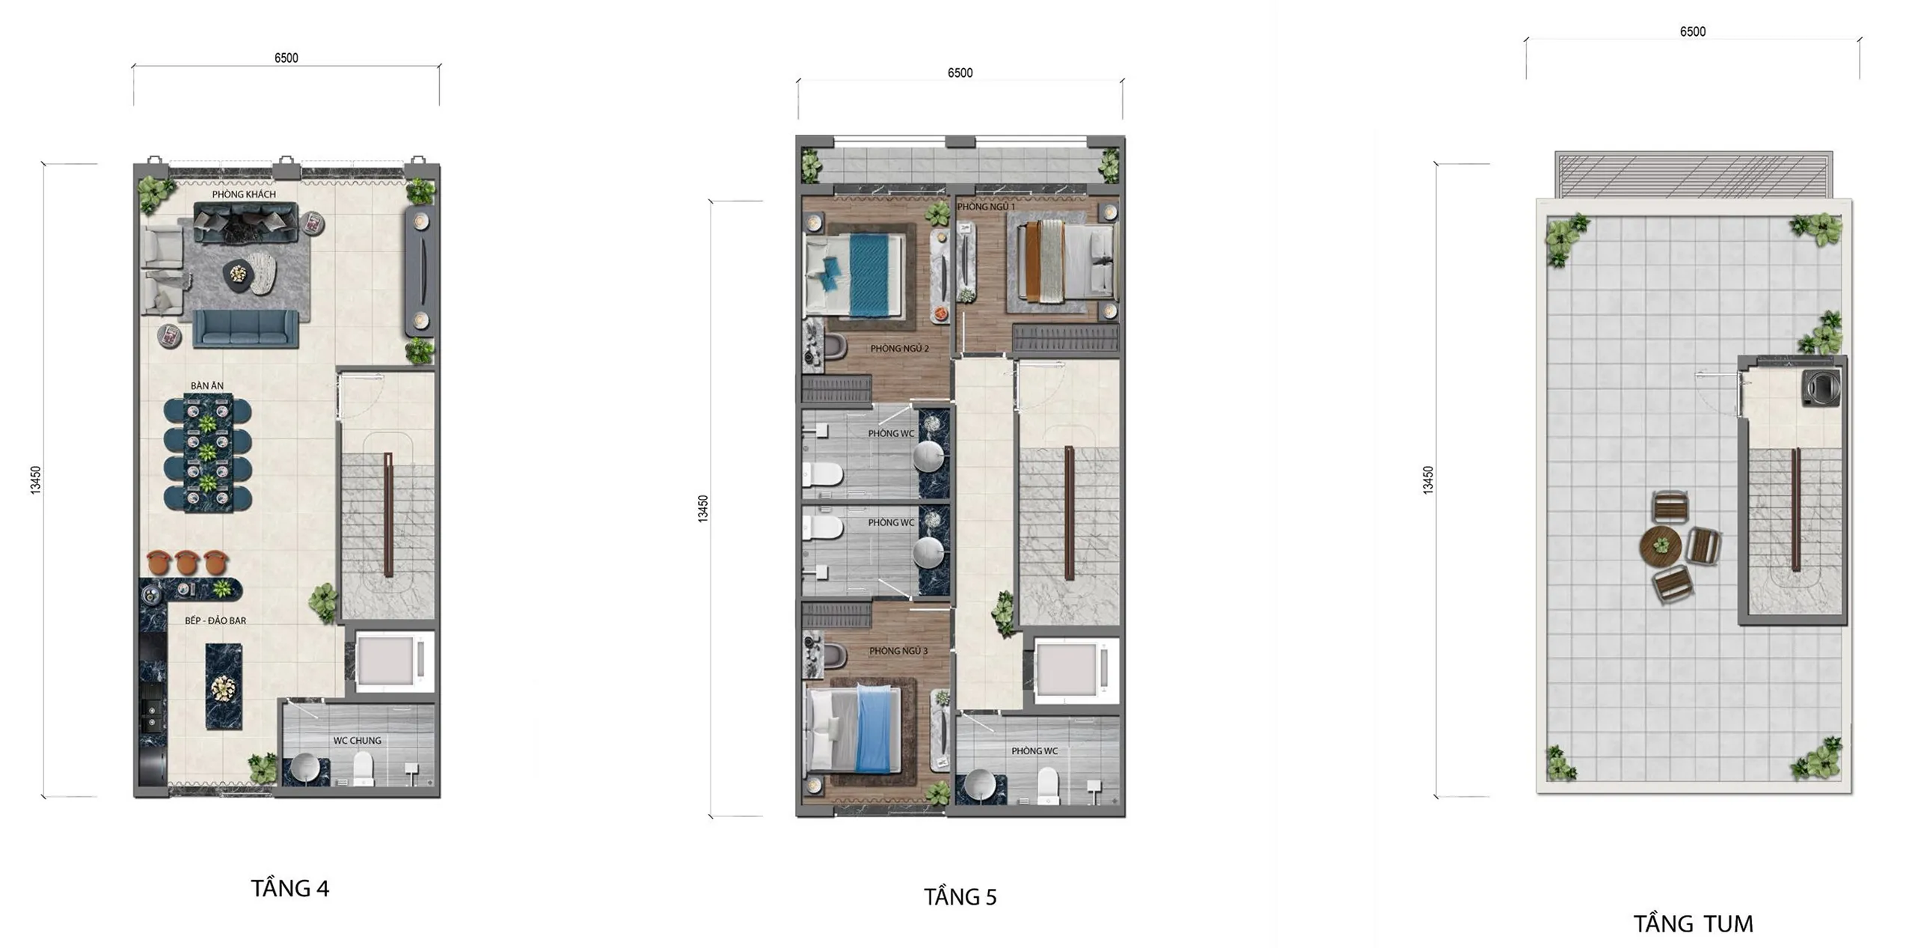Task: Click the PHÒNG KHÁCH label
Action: tap(244, 194)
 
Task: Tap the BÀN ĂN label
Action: tap(207, 386)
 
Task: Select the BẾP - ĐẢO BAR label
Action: tap(215, 620)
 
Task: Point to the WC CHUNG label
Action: tap(358, 741)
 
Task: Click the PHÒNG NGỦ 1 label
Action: tap(987, 207)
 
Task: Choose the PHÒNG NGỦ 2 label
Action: tap(900, 349)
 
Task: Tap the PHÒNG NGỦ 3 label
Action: tap(898, 651)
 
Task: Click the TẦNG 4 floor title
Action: tap(290, 888)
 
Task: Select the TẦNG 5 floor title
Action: tap(960, 896)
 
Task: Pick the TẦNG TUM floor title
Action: tap(1694, 923)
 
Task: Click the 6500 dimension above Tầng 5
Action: tap(960, 73)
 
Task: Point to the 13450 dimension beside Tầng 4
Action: tap(35, 480)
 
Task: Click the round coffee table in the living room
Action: tap(238, 275)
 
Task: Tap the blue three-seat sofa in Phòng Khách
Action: tap(246, 328)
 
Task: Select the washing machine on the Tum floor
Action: tap(1821, 387)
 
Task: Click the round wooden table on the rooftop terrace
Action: tap(1661, 546)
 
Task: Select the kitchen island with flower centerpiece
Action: tap(224, 687)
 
